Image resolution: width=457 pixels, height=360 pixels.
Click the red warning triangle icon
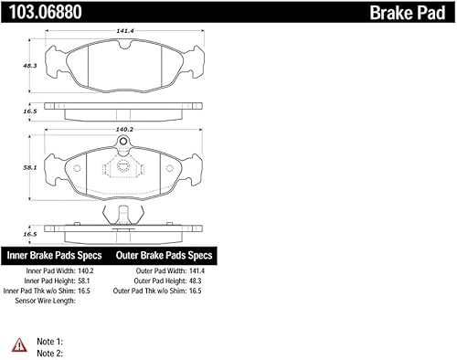pos(18,344)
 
